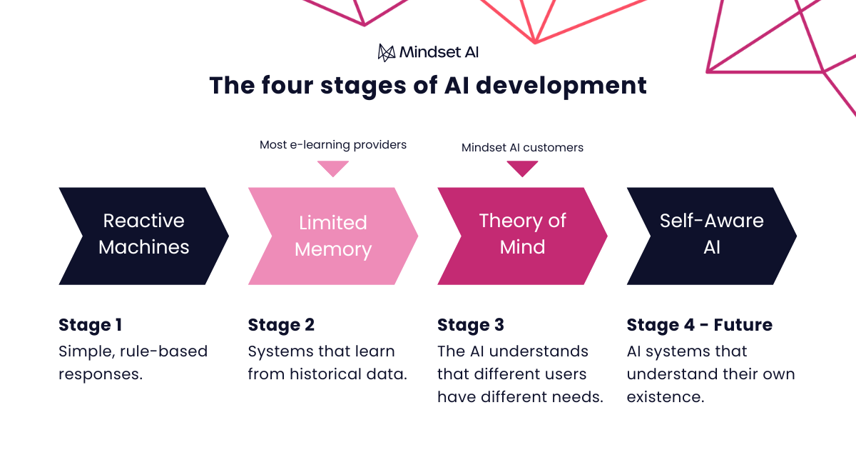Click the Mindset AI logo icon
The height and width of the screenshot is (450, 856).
coord(386,52)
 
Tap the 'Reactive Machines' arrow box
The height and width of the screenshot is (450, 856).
coord(143,235)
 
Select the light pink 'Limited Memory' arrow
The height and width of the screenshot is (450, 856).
coord(332,236)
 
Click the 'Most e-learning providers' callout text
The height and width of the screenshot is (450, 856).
coord(333,145)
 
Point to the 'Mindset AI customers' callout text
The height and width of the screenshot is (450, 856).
coord(522,148)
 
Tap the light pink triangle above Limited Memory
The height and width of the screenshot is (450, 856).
coord(333,169)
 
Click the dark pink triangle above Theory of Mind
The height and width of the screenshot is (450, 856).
coord(522,169)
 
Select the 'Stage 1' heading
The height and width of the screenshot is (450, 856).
coord(90,325)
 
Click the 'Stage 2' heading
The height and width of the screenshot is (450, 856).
coord(281,325)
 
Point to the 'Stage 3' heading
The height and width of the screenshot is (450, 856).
coord(471,325)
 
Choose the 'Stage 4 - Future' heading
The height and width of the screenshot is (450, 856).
coord(699,325)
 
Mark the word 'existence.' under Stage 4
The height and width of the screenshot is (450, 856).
coord(666,397)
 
